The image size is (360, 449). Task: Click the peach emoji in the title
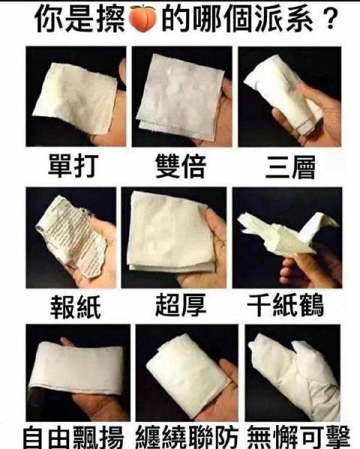point(142,18)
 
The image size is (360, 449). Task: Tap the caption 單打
point(73,166)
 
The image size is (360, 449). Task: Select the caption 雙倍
point(180,166)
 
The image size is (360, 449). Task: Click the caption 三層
point(290,166)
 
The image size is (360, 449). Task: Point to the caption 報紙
point(76,307)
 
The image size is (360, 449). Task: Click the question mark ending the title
point(331,19)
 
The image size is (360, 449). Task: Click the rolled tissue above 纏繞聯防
point(186,374)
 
